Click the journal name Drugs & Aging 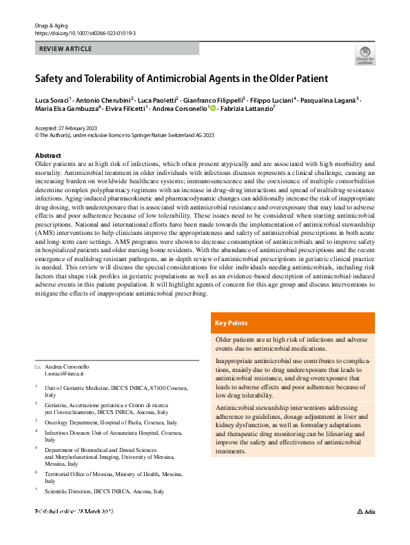[50, 25]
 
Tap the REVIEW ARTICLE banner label [65, 49]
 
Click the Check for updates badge [365, 55]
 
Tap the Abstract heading [48, 156]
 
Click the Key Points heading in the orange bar [232, 322]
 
